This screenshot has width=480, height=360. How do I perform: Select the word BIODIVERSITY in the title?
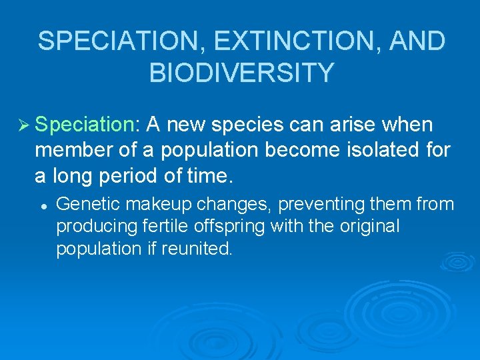pos(241,73)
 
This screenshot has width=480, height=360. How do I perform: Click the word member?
pos(71,151)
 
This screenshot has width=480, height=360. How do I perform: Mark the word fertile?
pos(167,227)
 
